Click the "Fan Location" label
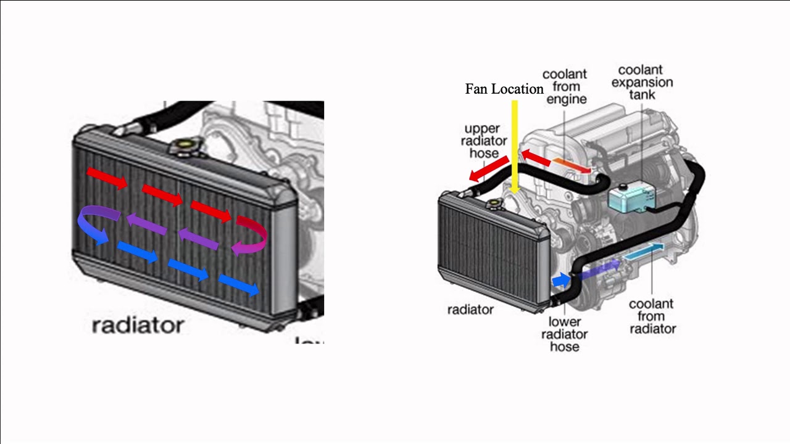tap(504, 89)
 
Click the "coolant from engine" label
tap(564, 86)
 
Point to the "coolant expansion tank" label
tap(642, 82)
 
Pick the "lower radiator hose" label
tap(564, 334)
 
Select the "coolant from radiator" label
tap(652, 316)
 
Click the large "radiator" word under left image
tap(138, 325)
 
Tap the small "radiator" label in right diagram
tap(470, 310)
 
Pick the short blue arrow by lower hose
tap(561, 281)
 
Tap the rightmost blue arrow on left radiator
tap(238, 285)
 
